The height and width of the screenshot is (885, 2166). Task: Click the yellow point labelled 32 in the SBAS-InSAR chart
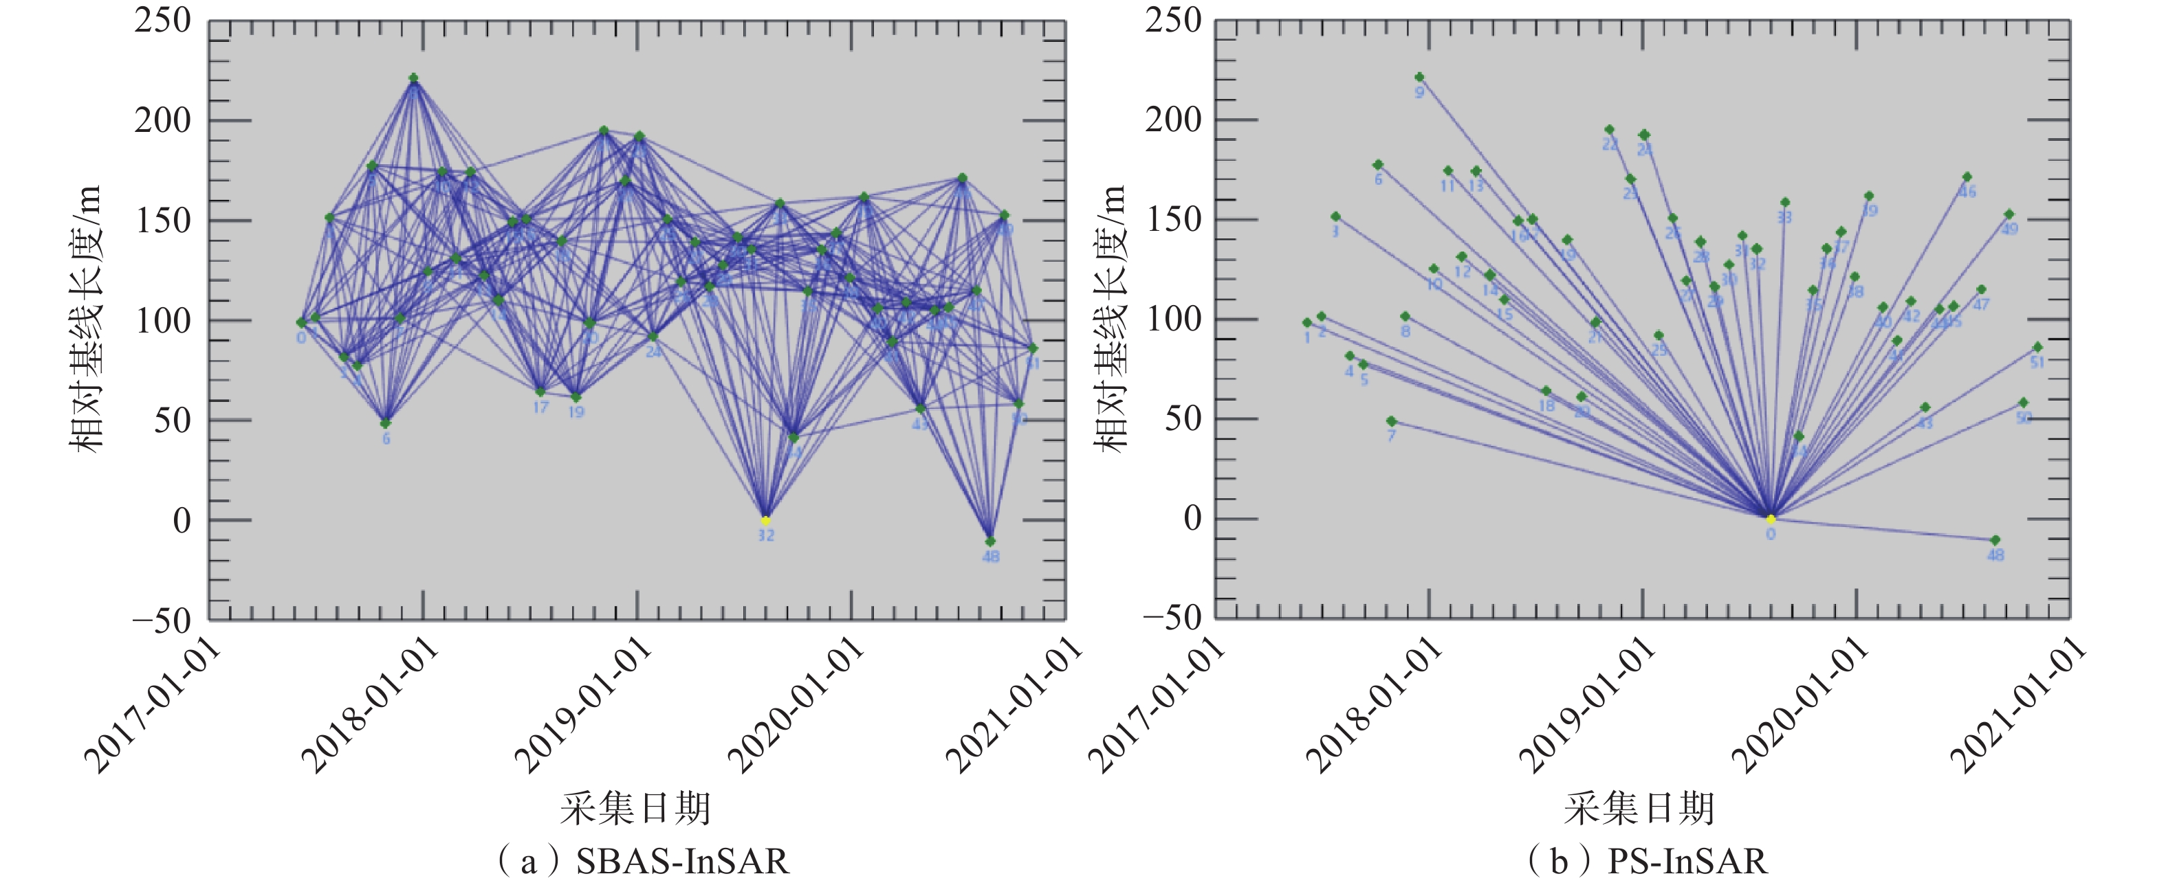(765, 520)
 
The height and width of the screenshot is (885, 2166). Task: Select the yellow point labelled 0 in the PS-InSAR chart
(1770, 519)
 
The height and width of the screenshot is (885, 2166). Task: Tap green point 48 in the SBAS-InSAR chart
(990, 541)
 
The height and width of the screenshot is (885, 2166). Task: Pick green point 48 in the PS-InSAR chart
(1995, 539)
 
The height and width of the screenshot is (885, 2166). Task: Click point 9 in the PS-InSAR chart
(1419, 78)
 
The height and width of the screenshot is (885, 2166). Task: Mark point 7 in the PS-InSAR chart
(1391, 421)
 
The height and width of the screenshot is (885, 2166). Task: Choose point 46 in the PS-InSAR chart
(1967, 177)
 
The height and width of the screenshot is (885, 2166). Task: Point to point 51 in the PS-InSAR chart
(2037, 347)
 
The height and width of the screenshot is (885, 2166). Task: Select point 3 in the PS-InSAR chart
(1335, 217)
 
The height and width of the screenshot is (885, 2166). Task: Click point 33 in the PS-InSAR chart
(1784, 203)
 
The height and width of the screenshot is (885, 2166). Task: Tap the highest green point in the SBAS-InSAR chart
(413, 78)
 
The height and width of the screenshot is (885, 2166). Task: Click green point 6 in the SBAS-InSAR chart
(385, 423)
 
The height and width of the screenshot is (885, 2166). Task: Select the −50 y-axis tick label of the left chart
(162, 620)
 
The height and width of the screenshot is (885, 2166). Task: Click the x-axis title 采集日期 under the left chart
(635, 809)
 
